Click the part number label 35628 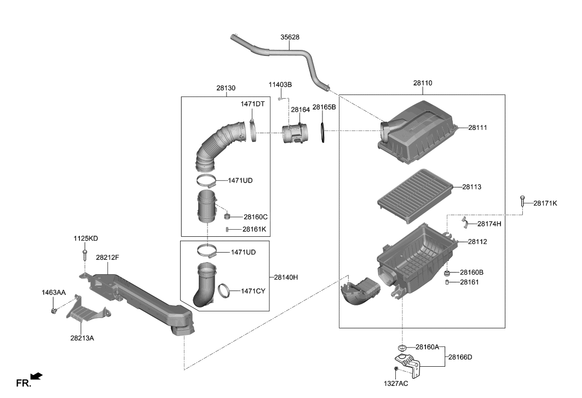pos(290,37)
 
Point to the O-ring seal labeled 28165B pos(324,134)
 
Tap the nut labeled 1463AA pos(54,311)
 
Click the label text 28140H pos(286,277)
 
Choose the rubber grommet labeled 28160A pos(402,347)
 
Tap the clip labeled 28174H pos(465,222)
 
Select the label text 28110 pos(423,83)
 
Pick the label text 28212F pos(107,257)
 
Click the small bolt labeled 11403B pos(280,99)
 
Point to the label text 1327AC pos(396,384)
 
